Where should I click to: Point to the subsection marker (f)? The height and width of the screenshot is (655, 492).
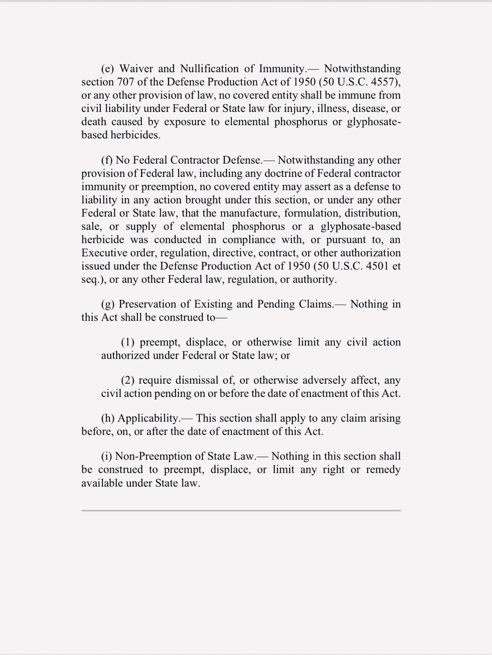click(x=107, y=160)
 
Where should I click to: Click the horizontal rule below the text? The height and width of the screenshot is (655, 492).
click(x=241, y=511)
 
